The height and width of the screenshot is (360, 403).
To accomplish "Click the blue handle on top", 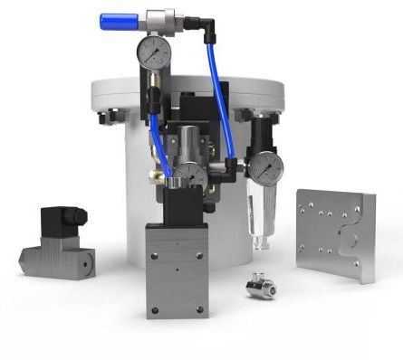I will click(x=119, y=17).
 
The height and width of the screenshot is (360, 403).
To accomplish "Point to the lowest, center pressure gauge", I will click(x=189, y=175).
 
